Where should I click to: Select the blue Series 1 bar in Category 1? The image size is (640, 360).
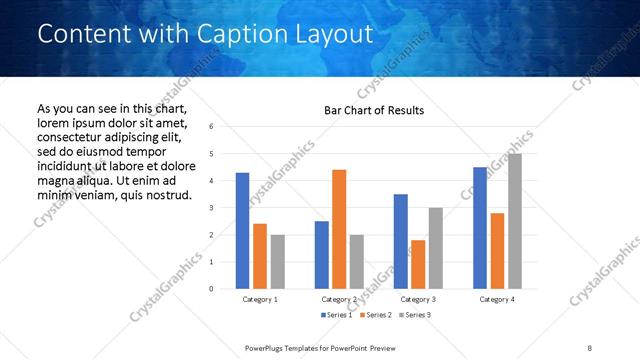pos(242,230)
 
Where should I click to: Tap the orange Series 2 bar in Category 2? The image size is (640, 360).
pos(339,228)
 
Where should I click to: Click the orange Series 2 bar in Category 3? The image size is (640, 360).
pos(418,264)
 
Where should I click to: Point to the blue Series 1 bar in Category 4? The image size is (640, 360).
pos(480,227)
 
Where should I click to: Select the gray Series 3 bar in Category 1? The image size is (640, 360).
pos(277,261)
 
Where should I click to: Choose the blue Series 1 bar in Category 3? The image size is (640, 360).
pos(400,241)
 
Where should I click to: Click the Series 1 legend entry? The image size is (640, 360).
pos(336,315)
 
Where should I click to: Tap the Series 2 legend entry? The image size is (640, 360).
pos(374,315)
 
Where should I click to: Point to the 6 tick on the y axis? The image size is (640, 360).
pos(210,127)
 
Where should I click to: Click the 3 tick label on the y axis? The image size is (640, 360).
pos(210,208)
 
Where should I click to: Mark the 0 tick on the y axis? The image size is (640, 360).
pos(210,289)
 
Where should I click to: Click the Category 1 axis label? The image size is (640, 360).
pos(260,299)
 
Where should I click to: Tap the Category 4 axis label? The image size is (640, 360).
pos(496,299)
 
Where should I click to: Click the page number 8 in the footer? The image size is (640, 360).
pos(589,347)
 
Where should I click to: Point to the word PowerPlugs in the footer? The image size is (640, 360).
pos(265,347)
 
